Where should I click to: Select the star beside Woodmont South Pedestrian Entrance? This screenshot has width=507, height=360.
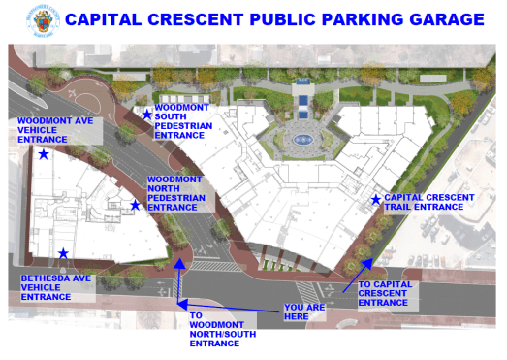click(147, 114)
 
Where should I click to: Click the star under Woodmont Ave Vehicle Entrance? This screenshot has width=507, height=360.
click(44, 153)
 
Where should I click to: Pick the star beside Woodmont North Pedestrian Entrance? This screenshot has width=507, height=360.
click(136, 204)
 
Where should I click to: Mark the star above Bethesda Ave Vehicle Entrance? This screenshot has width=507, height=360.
click(63, 253)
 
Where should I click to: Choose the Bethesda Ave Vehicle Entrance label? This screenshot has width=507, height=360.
click(58, 287)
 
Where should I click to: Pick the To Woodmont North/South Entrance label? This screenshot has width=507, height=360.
click(214, 329)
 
